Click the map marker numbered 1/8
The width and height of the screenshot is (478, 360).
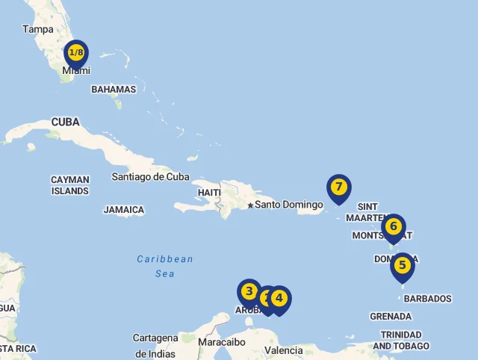coord(76,53)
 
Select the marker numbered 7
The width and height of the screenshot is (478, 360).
coord(339,187)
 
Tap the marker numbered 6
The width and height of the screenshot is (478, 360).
coord(394,226)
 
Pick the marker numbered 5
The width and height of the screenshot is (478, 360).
coord(402,265)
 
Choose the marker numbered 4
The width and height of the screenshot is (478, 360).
coord(279,298)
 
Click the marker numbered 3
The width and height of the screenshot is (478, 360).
coord(249,292)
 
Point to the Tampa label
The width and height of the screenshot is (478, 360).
coord(38,29)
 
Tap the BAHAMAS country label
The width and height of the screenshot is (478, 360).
coord(114,90)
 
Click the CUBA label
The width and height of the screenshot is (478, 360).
coord(66,122)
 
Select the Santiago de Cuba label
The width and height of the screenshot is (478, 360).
coord(150,177)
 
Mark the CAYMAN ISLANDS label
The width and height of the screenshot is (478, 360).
coord(70,185)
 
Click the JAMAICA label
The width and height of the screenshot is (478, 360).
coord(124,210)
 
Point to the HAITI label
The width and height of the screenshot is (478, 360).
coord(209,193)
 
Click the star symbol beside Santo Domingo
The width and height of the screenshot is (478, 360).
coord(250,205)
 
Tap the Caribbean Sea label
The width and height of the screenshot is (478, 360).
coord(165,267)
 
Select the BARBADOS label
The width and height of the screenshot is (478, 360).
coord(428,299)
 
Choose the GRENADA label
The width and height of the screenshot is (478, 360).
coord(391,317)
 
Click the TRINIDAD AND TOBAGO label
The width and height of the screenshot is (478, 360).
coord(401,341)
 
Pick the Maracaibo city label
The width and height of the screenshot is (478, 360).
coord(222,342)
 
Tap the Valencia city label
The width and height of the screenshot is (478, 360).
coord(284,350)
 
